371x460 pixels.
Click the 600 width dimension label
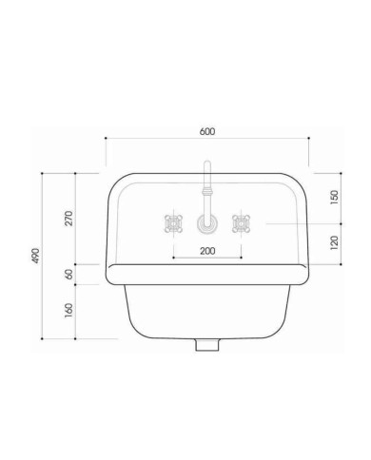pos(207,131)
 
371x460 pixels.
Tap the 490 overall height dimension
pos(36,256)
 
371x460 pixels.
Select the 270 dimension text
pos(68,218)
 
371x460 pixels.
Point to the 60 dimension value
pos(68,274)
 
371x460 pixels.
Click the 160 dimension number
pos(68,311)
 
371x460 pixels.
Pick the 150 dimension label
pos(334,197)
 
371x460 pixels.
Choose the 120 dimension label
pos(334,242)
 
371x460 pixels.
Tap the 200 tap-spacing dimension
pos(207,251)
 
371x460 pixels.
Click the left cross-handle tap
pos(173,223)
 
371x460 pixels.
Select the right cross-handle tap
pos(242,223)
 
